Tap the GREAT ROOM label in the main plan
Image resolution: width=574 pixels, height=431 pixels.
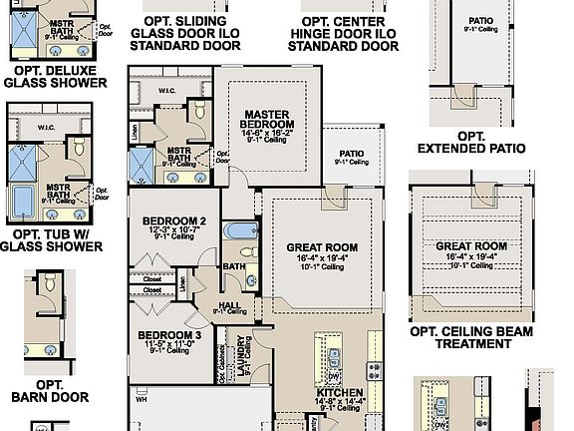(322, 246)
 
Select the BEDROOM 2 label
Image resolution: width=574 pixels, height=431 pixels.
(173, 220)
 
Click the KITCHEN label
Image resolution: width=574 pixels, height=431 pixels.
(340, 392)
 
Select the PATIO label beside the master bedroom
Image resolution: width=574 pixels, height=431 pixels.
(350, 154)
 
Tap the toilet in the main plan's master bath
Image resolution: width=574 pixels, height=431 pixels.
(198, 110)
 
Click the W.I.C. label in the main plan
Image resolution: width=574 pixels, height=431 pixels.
(165, 90)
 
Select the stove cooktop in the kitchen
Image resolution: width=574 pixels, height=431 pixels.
(376, 373)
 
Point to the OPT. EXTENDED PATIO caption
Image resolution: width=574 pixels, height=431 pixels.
(471, 142)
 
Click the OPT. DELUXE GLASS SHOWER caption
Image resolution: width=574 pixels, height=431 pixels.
(55, 76)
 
